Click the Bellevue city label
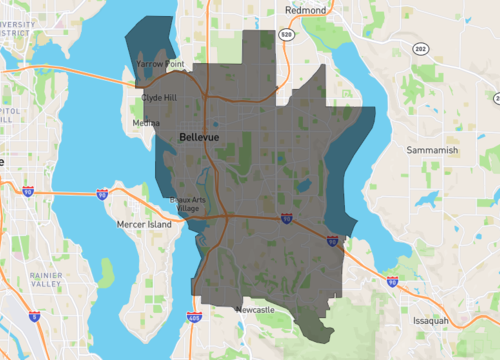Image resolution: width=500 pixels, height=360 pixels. (x=200, y=135)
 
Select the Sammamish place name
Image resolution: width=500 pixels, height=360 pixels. (x=431, y=150)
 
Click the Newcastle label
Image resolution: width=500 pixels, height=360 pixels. (x=254, y=310)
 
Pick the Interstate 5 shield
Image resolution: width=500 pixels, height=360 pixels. (x=35, y=316)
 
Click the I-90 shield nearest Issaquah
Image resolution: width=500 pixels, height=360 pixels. (x=393, y=283)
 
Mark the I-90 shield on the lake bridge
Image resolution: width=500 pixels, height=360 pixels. (x=102, y=195)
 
